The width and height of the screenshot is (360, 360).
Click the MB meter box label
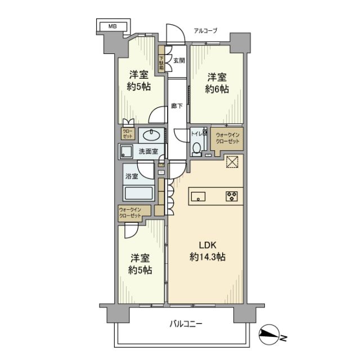[x=113, y=26]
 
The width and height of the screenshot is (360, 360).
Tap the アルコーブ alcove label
[x=205, y=30]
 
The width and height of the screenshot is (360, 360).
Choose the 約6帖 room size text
[x=217, y=89]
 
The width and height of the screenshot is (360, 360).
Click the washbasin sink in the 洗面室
[x=150, y=135]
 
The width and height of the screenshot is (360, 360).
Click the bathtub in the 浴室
[x=139, y=194]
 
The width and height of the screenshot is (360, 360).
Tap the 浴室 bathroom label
[x=131, y=176]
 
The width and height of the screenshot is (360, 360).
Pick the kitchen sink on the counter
[x=199, y=196]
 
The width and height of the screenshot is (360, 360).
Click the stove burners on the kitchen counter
[x=231, y=196]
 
